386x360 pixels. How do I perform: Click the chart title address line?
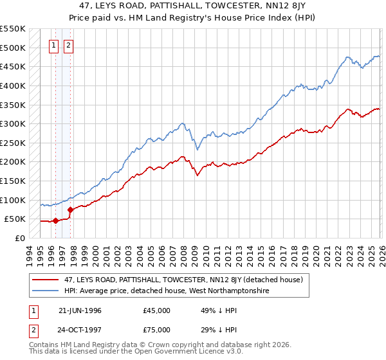tap(193, 6)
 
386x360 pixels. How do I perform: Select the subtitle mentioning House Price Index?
tap(193, 17)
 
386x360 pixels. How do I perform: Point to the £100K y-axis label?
tap(12, 200)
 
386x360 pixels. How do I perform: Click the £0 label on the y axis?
tap(19, 238)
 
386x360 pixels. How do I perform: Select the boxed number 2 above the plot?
tap(68, 45)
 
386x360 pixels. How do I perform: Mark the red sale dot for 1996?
tap(55, 221)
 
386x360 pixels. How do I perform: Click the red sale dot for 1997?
tap(70, 210)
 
